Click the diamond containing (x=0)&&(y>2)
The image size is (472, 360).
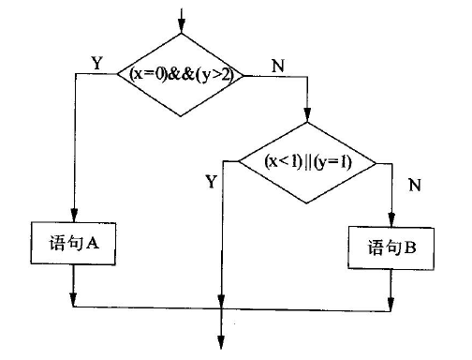pyautogui.click(x=180, y=74)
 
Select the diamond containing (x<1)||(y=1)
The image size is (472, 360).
pyautogui.click(x=307, y=161)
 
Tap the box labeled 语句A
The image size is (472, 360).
pyautogui.click(x=72, y=243)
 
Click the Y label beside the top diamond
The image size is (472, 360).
pyautogui.click(x=96, y=63)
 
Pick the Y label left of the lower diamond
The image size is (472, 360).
pyautogui.click(x=211, y=182)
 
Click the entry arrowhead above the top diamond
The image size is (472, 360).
pyautogui.click(x=180, y=24)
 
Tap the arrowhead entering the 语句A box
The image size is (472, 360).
pyautogui.click(x=73, y=217)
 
